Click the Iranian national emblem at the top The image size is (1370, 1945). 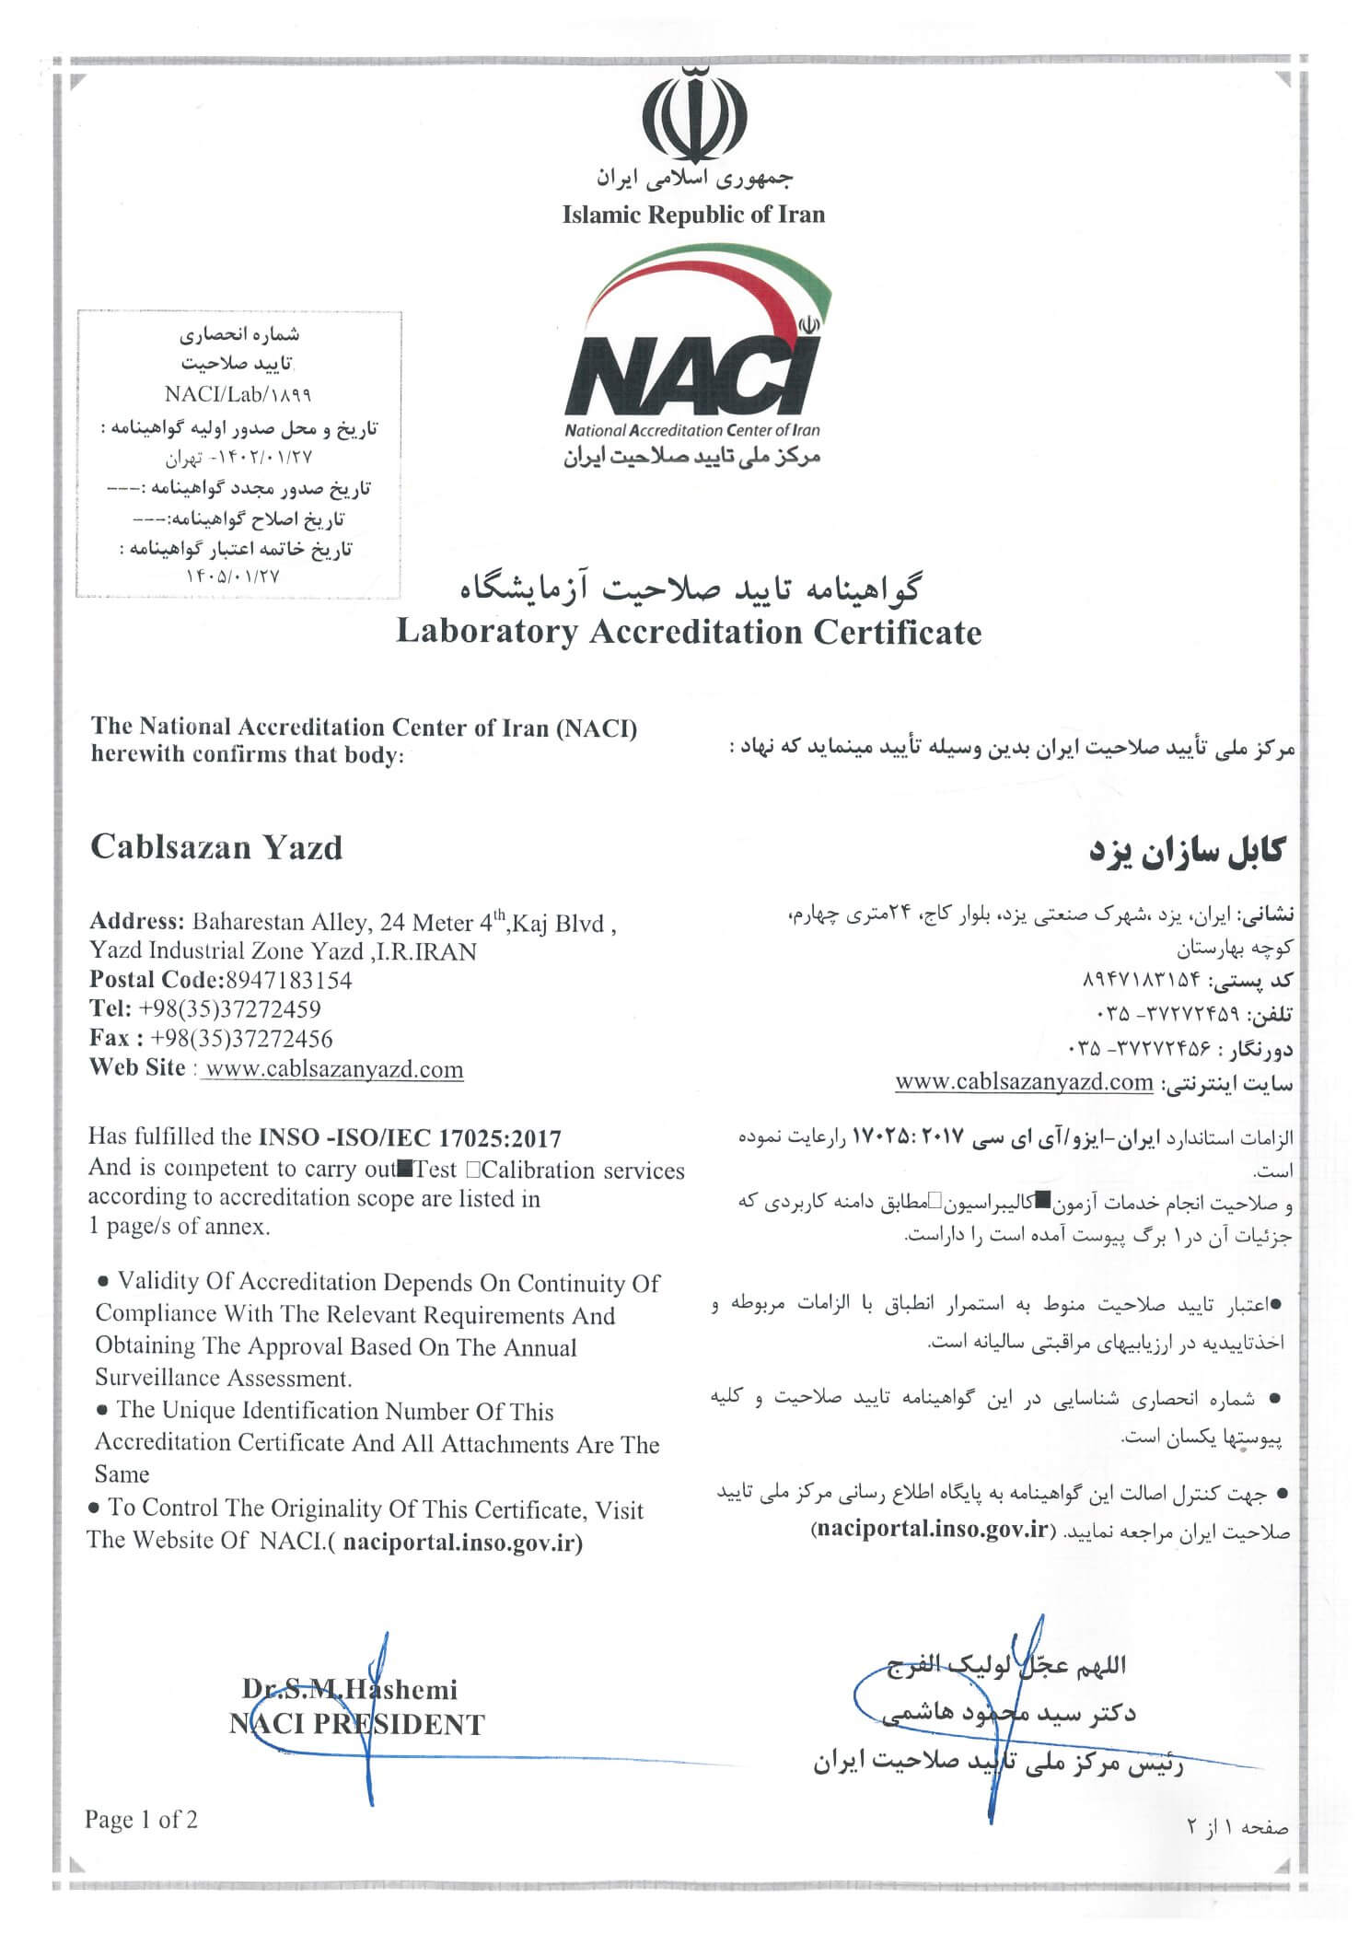click(693, 114)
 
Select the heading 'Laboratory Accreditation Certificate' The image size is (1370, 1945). click(689, 633)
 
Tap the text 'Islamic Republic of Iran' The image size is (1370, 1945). click(693, 215)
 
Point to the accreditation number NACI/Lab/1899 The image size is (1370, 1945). click(238, 394)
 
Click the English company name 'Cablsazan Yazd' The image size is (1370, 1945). click(216, 847)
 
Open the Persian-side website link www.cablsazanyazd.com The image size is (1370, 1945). click(1024, 1081)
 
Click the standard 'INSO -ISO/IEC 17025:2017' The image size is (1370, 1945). click(410, 1139)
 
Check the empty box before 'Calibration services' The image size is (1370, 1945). click(472, 1170)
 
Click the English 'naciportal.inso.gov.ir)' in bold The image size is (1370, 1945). click(462, 1543)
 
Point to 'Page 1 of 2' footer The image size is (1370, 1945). click(141, 1820)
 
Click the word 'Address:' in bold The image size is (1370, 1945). click(136, 922)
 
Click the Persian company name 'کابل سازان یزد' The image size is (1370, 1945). click(1187, 851)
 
